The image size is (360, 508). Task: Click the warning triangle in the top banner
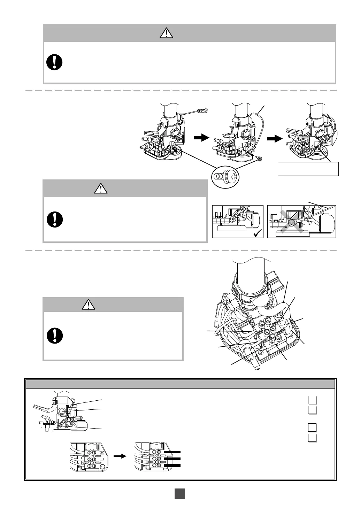[x=167, y=33]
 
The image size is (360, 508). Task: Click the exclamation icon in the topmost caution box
[x=54, y=62]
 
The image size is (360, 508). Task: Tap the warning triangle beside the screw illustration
[x=101, y=188]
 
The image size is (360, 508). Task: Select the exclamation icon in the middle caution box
[x=54, y=219]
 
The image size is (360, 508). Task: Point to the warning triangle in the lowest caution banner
[x=89, y=305]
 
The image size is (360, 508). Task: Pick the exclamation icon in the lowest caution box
[x=54, y=335]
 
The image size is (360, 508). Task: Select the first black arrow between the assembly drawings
[x=201, y=138]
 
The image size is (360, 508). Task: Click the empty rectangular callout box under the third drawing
[x=308, y=169]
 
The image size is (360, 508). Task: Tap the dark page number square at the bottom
[x=179, y=494]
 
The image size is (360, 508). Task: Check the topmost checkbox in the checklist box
[x=312, y=400]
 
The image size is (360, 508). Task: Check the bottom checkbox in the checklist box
[x=312, y=438]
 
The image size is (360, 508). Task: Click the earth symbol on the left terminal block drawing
[x=102, y=467]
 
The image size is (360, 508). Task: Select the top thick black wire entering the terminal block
[x=172, y=453]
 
